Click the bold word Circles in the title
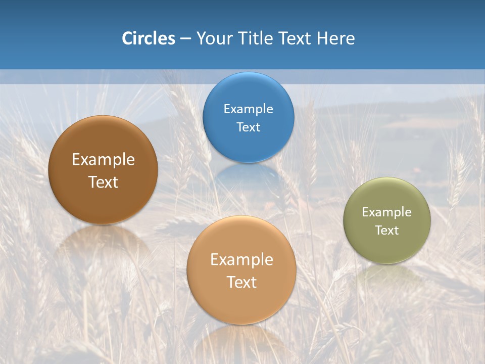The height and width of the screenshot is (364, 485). pyautogui.click(x=149, y=38)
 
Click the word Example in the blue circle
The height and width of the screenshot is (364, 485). pyautogui.click(x=248, y=109)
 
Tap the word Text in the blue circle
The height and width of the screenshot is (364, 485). pyautogui.click(x=248, y=127)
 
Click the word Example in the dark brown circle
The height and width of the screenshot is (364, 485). pyautogui.click(x=103, y=160)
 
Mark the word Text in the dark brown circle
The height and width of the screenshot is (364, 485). pyautogui.click(x=103, y=182)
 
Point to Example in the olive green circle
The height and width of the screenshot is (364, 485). pyautogui.click(x=387, y=212)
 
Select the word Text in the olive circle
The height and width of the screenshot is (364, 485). pyautogui.click(x=387, y=230)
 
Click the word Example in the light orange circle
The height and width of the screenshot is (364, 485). pyautogui.click(x=241, y=260)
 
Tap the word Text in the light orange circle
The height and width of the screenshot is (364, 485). pyautogui.click(x=241, y=282)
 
